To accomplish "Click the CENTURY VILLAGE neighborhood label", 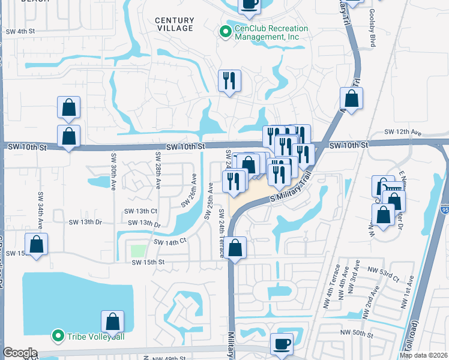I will [174, 24].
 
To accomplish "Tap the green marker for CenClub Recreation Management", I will [226, 32].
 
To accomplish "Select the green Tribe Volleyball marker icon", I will [58, 335].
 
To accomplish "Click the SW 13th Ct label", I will [140, 211].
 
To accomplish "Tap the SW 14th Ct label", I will [170, 241].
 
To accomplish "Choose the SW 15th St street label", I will [148, 262].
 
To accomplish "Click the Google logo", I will [20, 353].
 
